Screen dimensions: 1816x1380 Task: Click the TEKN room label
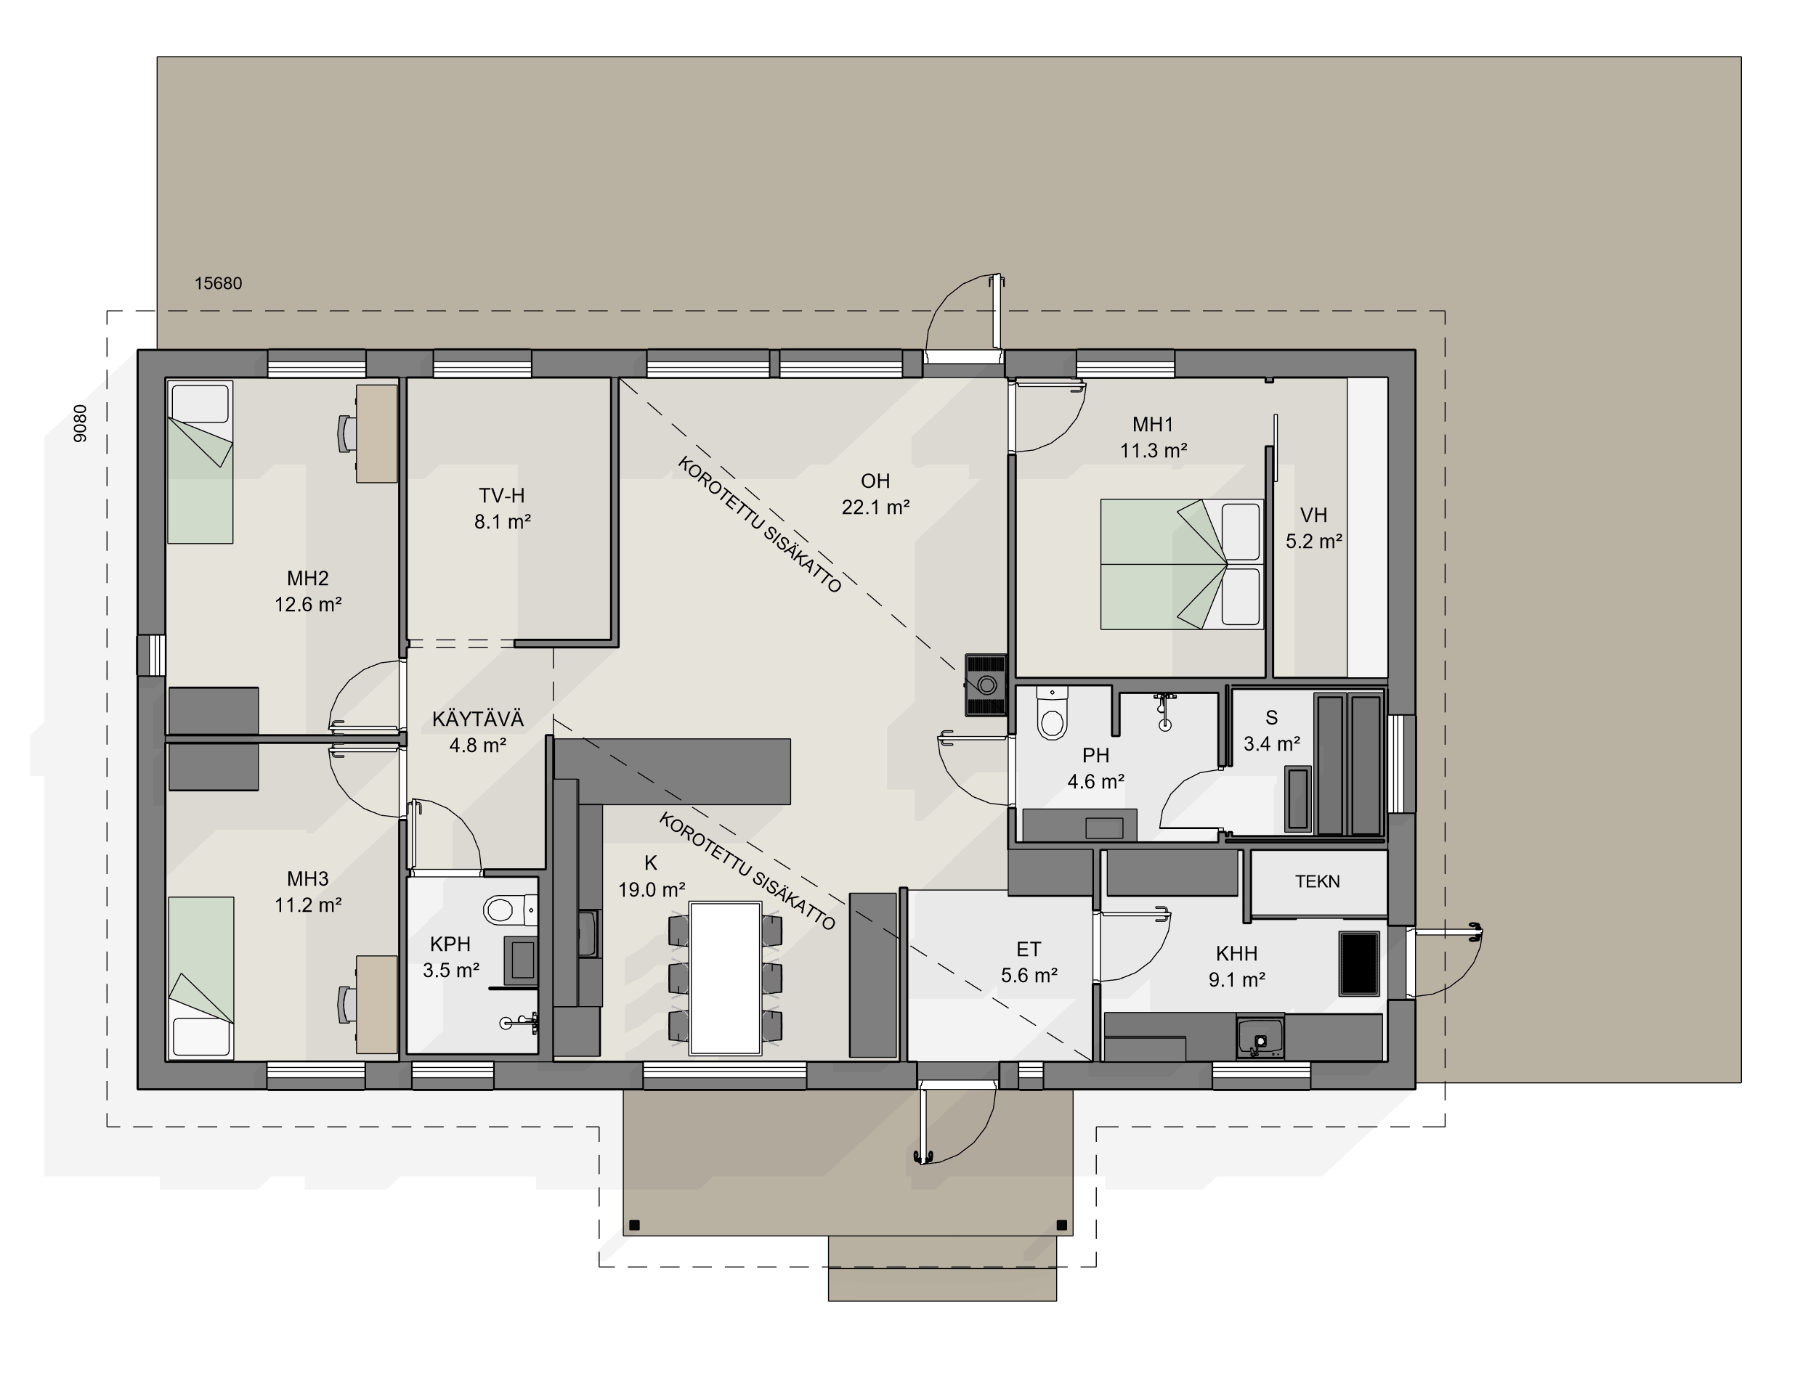1317,881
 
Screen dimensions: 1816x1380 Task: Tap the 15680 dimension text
218,283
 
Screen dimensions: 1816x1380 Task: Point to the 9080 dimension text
81,424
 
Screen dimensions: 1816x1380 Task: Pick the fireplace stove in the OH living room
986,685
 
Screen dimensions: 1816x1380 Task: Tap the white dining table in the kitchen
726,978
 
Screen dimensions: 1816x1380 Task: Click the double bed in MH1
1182,564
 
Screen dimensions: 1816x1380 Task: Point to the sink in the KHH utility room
1260,1037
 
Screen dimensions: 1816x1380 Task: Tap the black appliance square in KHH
1360,963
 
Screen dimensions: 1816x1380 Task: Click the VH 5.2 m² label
1314,528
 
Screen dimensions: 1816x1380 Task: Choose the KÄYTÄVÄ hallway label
477,719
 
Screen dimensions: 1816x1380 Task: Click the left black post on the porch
634,1225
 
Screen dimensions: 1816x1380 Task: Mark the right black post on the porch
1062,1225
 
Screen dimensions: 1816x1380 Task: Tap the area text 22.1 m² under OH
875,507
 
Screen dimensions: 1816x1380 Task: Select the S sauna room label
1271,718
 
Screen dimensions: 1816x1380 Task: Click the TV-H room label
501,495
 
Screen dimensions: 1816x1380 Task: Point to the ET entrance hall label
1029,950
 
